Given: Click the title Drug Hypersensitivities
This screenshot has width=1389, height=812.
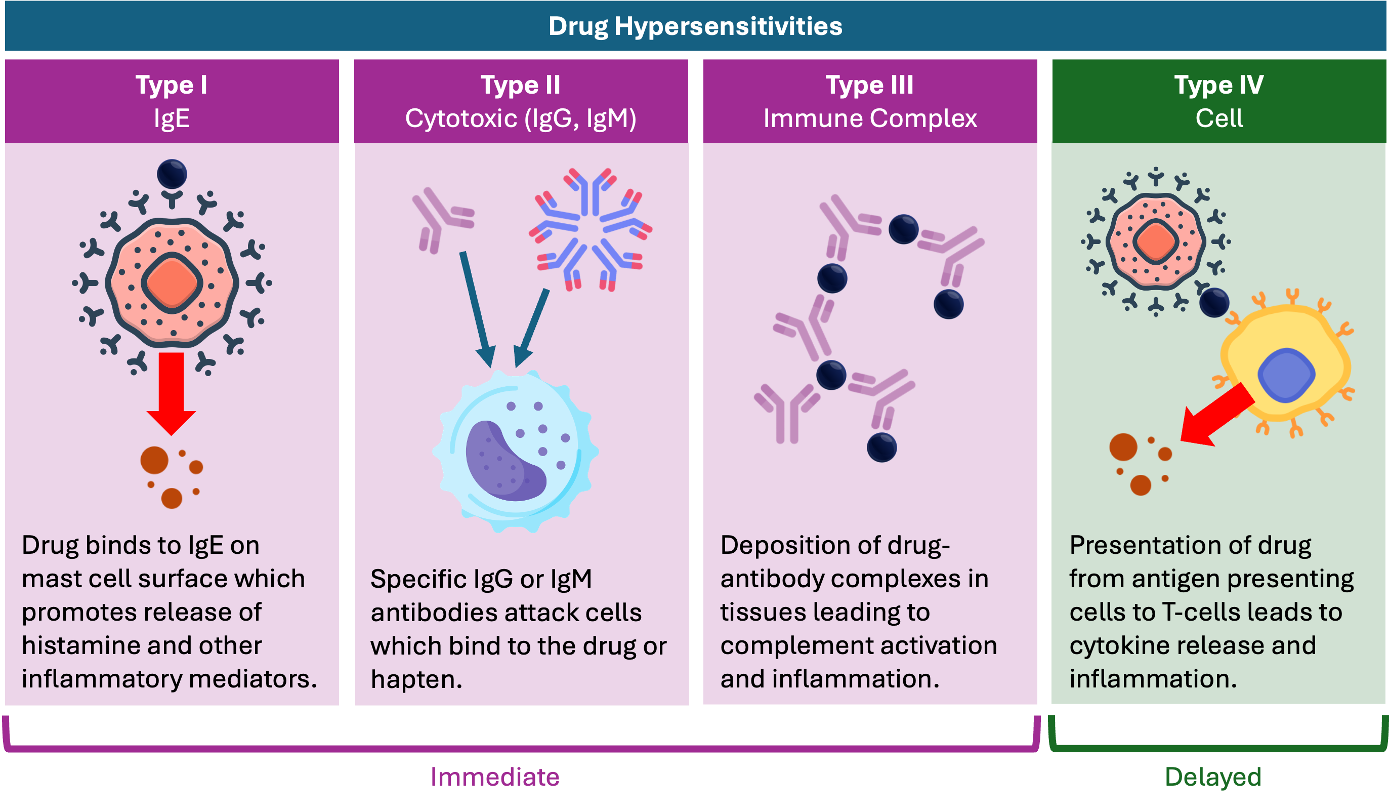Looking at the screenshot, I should click(x=695, y=26).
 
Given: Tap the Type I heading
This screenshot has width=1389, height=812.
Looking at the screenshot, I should click(x=172, y=85).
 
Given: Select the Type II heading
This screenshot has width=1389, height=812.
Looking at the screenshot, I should click(x=520, y=85).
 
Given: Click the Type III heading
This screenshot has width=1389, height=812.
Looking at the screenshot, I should click(x=869, y=85).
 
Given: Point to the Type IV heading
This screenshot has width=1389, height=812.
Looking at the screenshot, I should click(x=1218, y=85).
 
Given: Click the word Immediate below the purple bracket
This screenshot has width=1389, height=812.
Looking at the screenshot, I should click(x=494, y=777).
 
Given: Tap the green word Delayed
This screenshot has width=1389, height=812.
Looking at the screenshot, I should click(x=1212, y=777).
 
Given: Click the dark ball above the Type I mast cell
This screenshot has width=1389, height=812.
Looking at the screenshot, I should click(x=172, y=174).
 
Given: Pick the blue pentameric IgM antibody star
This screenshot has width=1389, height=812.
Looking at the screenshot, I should click(x=590, y=229).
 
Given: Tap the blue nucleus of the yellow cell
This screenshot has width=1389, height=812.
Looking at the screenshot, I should click(x=1286, y=375).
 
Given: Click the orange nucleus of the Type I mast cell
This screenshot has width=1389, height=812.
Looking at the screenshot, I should click(x=172, y=283).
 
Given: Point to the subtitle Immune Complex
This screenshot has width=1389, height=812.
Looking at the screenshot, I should click(x=870, y=118).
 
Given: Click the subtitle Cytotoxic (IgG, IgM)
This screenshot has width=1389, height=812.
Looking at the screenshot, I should click(x=520, y=118).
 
